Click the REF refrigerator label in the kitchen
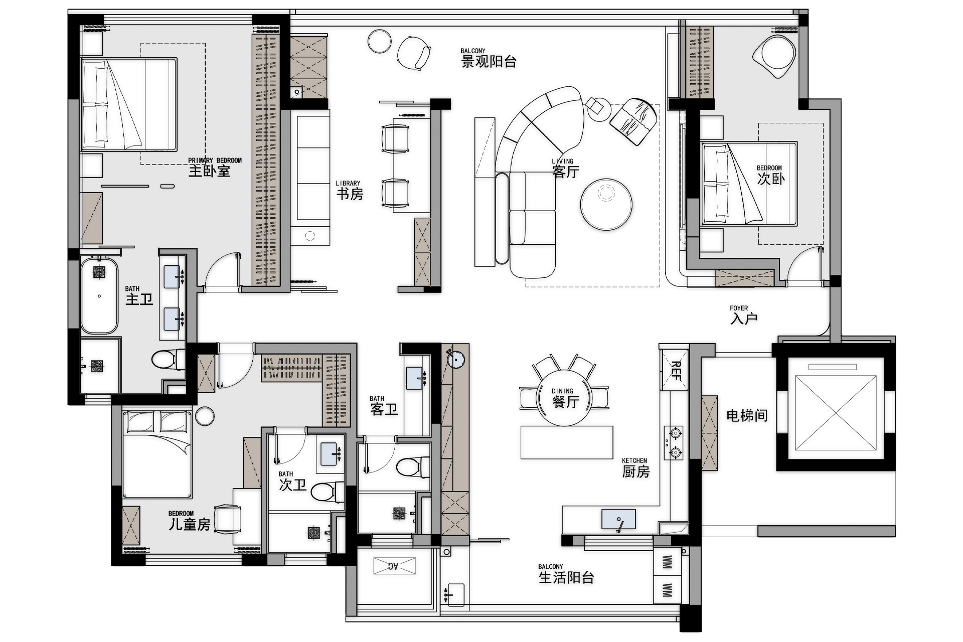pos(675,371)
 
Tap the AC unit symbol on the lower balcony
pos(394,566)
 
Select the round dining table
pos(564,398)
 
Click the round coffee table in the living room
pos(606,204)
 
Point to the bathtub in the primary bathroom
pos(99,296)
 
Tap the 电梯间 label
pos(747,415)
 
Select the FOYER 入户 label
pos(743,314)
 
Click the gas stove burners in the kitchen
pos(674,443)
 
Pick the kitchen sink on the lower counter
pos(618,519)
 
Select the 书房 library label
pos(349,190)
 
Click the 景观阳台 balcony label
pos(489,58)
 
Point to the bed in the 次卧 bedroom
pos(749,184)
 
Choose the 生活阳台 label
pos(566,574)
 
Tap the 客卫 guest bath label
pos(384,406)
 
